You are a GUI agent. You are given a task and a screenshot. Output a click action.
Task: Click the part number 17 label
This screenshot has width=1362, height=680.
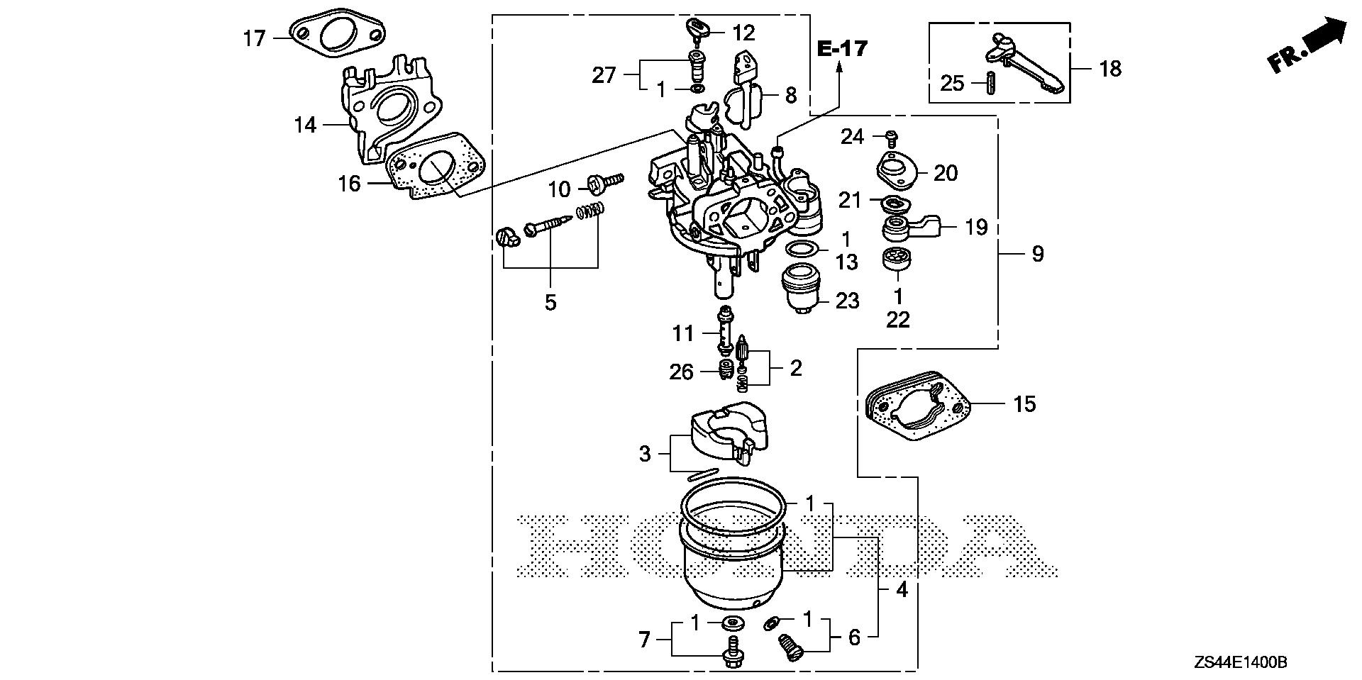tap(254, 38)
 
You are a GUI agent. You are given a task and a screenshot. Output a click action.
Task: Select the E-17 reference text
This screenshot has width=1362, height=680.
tap(842, 49)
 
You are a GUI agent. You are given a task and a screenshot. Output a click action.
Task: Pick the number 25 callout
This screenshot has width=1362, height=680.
tap(952, 83)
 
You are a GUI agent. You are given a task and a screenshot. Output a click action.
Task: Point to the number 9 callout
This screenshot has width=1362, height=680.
tap(1037, 253)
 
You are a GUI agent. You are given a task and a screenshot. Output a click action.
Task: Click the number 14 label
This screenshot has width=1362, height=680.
tap(305, 126)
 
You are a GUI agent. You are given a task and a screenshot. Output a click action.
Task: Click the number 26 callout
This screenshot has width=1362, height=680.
tap(681, 371)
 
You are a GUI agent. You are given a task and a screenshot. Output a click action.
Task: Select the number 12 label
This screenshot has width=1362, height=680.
tap(743, 33)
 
